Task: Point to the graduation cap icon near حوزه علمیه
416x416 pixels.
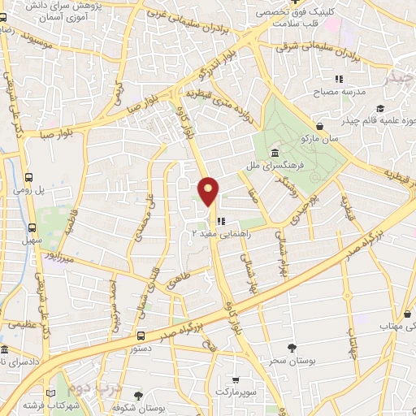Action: point(404,109)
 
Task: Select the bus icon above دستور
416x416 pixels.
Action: point(141,334)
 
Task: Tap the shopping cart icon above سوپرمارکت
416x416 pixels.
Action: point(235,379)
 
